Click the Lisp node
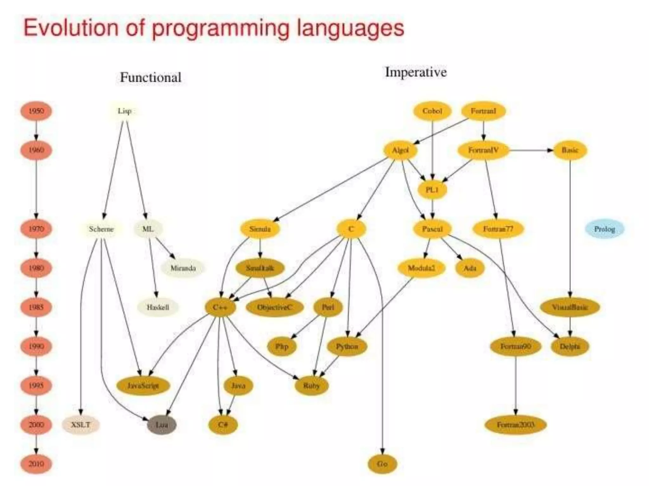124,111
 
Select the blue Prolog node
604,229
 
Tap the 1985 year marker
36,307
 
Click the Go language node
382,464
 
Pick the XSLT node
81,425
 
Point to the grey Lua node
162,425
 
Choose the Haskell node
158,307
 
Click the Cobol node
432,111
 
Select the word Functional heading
151,78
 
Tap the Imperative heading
416,72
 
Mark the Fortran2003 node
516,425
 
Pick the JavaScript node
143,385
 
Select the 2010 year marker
36,464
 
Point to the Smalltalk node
260,268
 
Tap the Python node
347,346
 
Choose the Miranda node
183,268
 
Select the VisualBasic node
570,307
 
